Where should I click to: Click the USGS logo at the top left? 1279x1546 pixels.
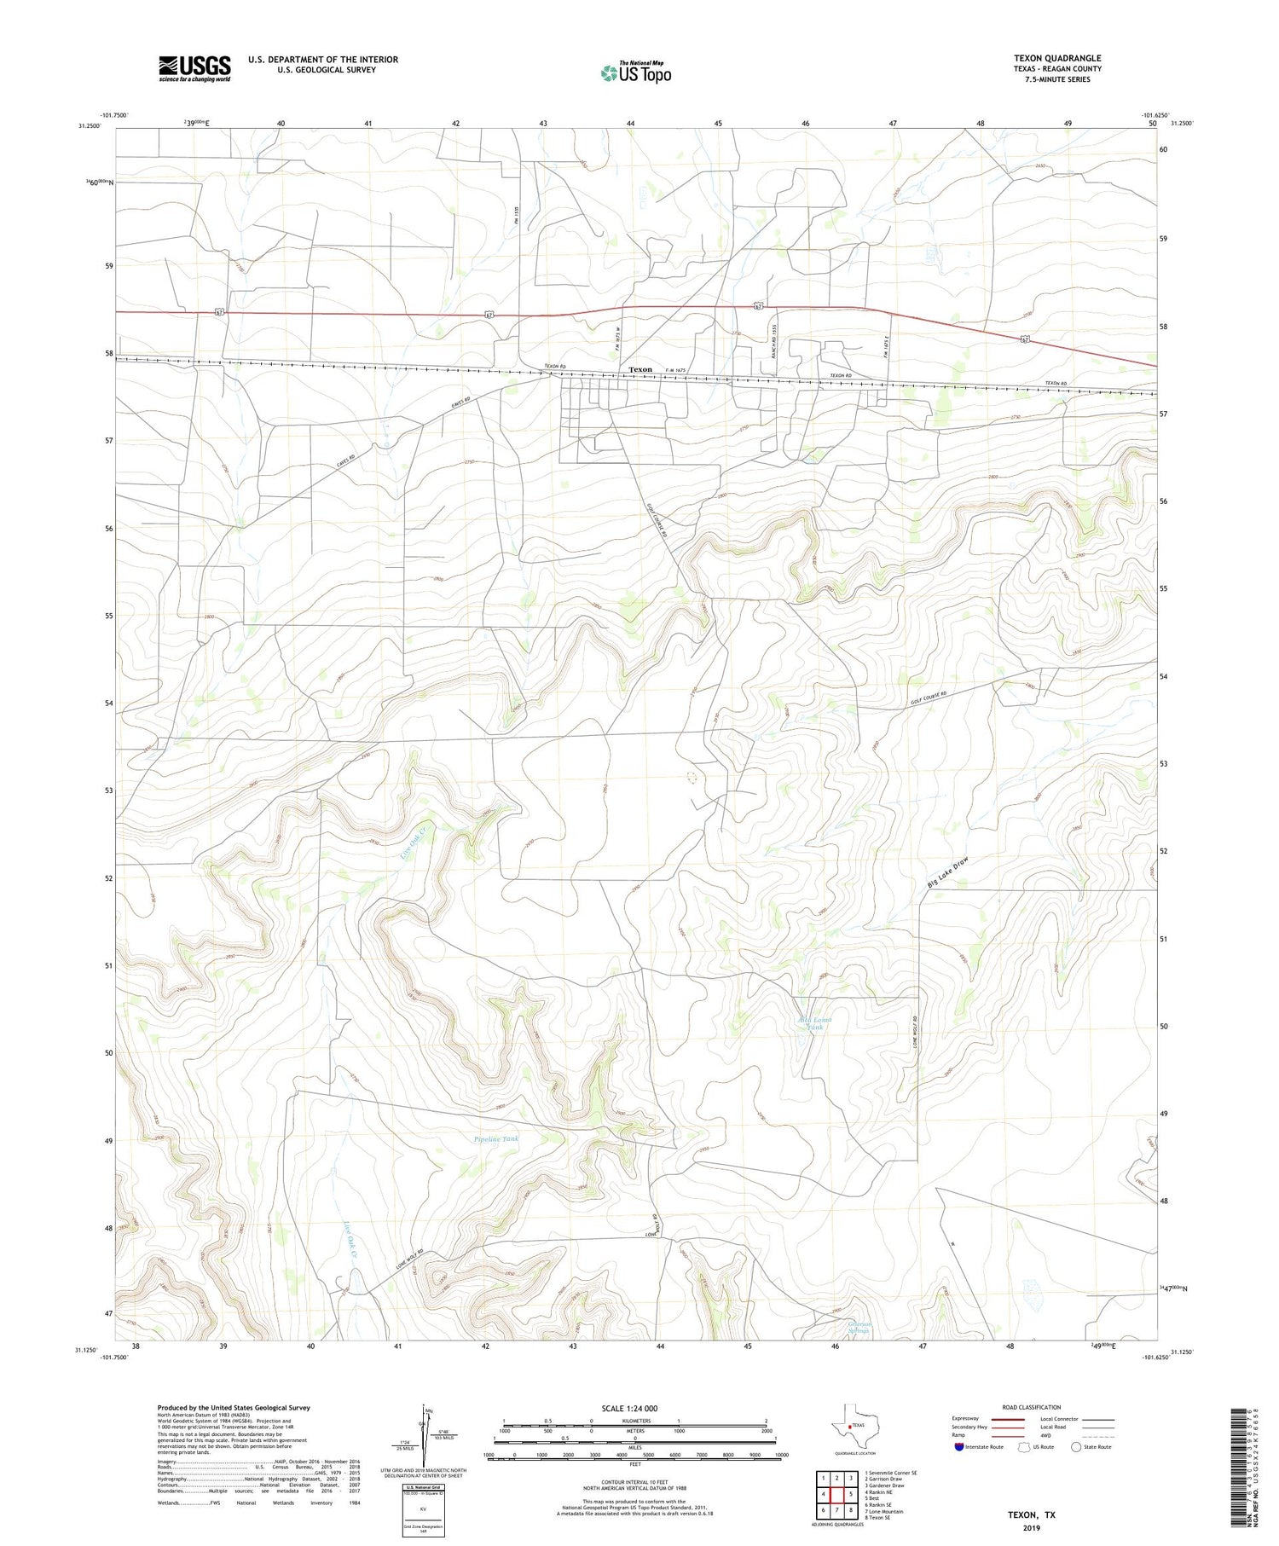pos(194,68)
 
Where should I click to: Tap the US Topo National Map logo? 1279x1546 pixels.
pos(635,73)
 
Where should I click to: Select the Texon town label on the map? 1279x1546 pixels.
pos(639,370)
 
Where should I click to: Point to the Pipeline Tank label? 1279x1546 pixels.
pos(496,1139)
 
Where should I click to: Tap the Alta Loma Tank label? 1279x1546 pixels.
pos(814,1023)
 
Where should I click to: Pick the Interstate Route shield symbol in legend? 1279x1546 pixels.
pos(959,1447)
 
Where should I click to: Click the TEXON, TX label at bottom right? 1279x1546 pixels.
pos(1031,1514)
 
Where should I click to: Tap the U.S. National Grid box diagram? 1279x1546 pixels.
pos(423,1510)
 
